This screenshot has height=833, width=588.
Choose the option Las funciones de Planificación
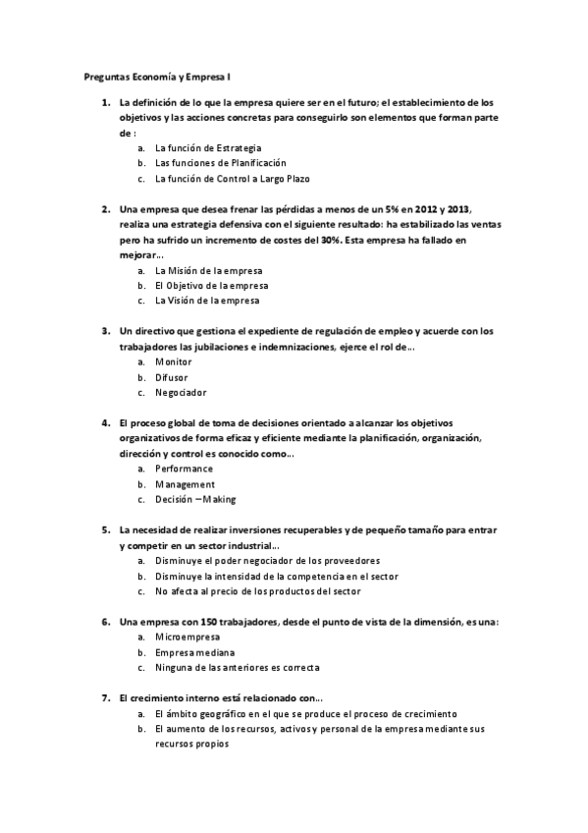[x=221, y=163]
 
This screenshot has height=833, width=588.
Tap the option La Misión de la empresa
[x=208, y=270]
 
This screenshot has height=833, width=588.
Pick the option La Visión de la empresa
[x=208, y=301]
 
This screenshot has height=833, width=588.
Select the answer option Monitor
[x=174, y=361]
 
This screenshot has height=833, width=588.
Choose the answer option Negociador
[x=181, y=392]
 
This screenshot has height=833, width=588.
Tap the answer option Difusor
[x=172, y=377]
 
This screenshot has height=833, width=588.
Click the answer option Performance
[x=184, y=469]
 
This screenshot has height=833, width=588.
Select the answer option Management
[x=185, y=484]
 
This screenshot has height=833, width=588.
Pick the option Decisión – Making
[x=195, y=500]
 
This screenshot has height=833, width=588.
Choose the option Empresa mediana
[x=194, y=652]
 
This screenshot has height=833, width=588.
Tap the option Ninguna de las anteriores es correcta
[x=237, y=668]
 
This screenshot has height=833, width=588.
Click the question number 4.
[x=105, y=422]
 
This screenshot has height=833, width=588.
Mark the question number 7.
[x=105, y=698]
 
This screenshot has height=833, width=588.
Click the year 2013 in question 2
[x=455, y=209]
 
